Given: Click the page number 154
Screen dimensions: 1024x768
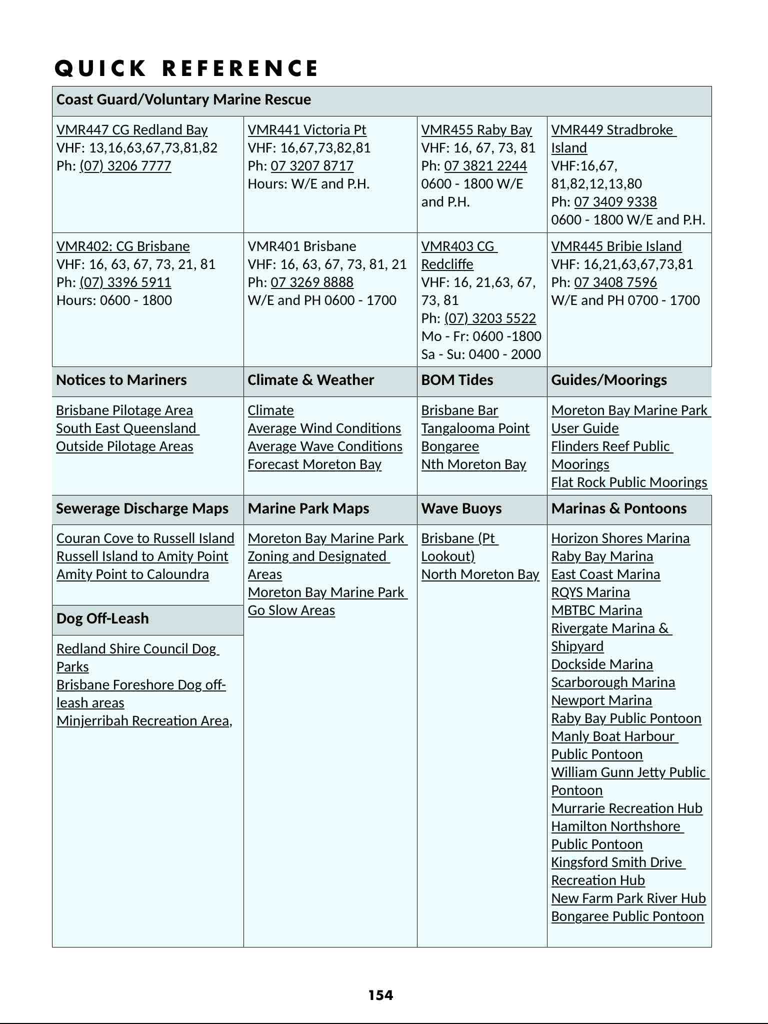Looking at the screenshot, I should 380,995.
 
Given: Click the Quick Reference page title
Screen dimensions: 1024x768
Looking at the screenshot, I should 186,68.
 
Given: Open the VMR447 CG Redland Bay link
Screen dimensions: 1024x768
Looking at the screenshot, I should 132,130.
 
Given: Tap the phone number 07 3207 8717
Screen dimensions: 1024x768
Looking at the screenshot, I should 312,166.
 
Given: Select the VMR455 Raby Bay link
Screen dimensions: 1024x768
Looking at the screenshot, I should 476,130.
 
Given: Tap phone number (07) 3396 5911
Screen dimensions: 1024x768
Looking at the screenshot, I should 125,282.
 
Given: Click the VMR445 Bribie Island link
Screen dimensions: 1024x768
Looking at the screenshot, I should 616,246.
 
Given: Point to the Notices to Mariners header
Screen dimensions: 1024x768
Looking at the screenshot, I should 121,380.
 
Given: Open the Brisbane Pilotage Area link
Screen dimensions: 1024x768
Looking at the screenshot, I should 124,410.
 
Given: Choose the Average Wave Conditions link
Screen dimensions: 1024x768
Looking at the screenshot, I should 325,446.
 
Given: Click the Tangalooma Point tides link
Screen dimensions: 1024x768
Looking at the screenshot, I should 475,428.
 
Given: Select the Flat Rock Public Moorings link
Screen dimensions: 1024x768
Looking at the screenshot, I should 629,482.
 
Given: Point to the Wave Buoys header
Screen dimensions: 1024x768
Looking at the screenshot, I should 461,508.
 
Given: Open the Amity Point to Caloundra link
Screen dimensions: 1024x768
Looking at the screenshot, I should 132,574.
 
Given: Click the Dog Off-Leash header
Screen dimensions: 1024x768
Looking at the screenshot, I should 102,618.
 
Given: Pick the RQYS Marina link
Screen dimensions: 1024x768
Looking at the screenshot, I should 590,592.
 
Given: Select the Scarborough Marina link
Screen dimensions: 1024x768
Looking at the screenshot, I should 613,682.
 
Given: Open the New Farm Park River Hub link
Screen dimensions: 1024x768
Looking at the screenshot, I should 628,898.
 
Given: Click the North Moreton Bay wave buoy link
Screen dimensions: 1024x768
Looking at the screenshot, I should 480,574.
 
